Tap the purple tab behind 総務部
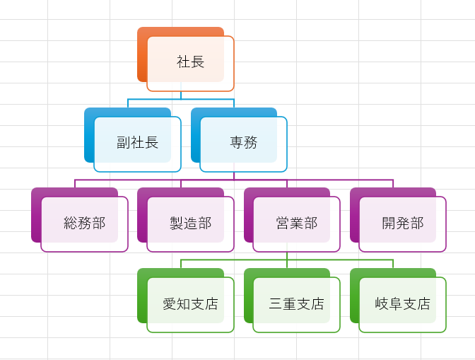(x=35, y=216)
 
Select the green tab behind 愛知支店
(x=141, y=296)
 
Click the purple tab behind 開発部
(x=354, y=216)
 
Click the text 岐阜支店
(x=402, y=304)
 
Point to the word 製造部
(x=190, y=223)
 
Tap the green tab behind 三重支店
(x=248, y=296)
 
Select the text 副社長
(x=137, y=143)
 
